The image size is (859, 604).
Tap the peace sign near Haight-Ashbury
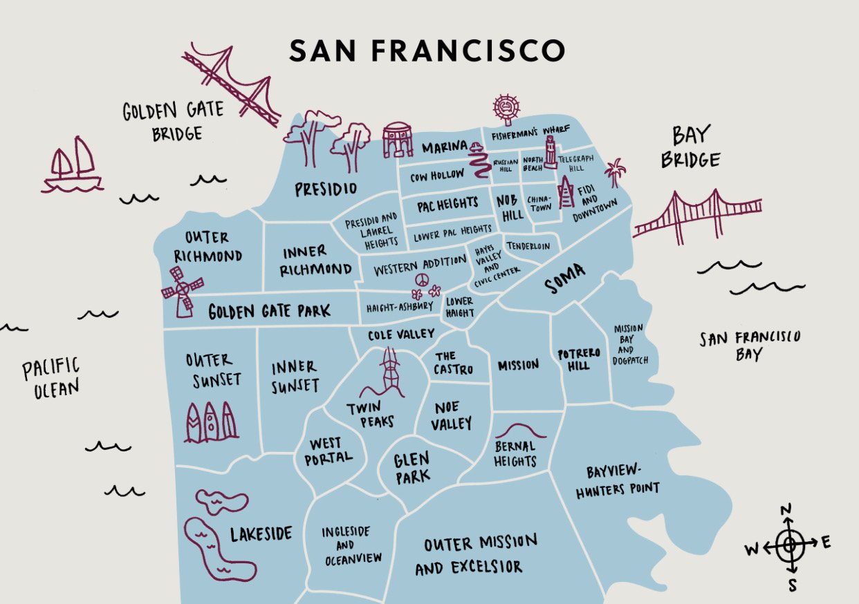coord(421,279)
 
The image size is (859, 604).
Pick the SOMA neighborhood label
coord(564,280)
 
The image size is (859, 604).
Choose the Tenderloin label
coord(528,246)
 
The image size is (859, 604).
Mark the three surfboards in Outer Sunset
coord(210,422)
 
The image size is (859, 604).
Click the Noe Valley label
coord(451,415)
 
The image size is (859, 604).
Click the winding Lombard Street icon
coord(477,163)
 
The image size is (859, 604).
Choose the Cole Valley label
coord(400,334)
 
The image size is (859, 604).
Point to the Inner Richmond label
coord(316,261)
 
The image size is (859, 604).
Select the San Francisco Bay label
coord(749,346)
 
